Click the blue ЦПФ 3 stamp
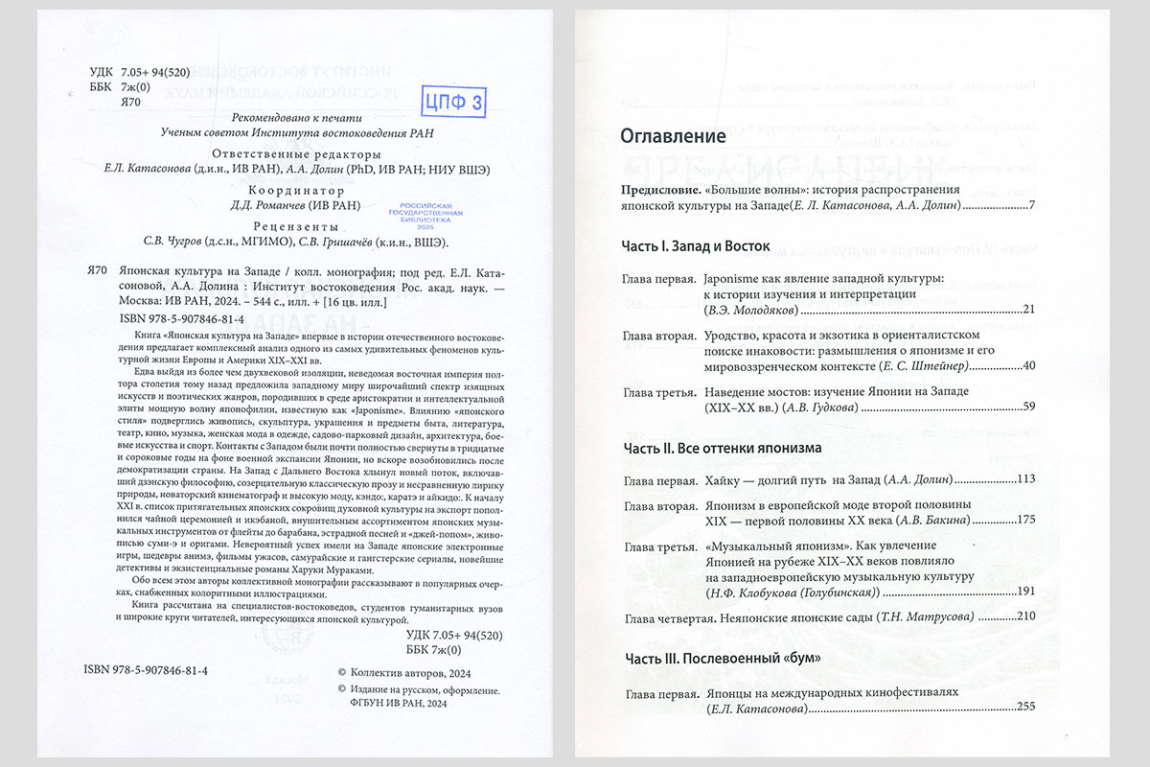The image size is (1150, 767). pyautogui.click(x=455, y=99)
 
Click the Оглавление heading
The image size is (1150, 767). pyautogui.click(x=674, y=136)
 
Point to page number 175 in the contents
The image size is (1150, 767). pyautogui.click(x=1023, y=520)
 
